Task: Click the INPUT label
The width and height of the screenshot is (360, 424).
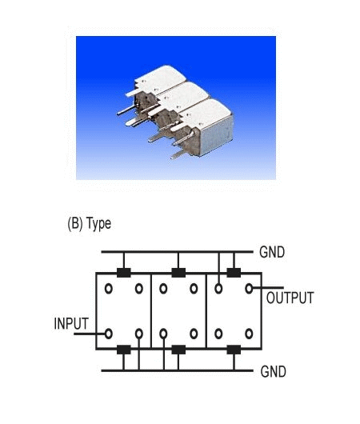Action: point(71,323)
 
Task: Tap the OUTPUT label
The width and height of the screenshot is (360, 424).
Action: point(290,298)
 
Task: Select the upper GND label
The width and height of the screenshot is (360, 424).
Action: point(272,252)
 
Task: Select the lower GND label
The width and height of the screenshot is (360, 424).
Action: point(273,371)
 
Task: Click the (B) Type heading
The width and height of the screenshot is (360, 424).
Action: point(90,224)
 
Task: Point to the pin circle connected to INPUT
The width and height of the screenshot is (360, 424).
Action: point(109,334)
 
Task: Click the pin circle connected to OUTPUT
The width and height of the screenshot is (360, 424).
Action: point(249,289)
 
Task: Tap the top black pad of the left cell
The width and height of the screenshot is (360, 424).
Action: point(124,273)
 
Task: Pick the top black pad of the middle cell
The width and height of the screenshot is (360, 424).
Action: point(178,273)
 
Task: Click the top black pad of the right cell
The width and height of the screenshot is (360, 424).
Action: point(234,273)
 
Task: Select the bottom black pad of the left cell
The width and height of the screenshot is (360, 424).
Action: point(124,350)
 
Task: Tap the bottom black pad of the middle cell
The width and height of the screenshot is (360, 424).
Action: point(178,350)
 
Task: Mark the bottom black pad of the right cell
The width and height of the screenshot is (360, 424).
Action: point(234,350)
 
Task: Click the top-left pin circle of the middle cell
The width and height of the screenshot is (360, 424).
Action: point(163,289)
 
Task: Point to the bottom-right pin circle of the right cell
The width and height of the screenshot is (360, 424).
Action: point(249,334)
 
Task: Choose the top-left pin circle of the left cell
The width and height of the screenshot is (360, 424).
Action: point(109,289)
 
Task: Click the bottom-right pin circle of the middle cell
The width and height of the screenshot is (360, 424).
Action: point(194,334)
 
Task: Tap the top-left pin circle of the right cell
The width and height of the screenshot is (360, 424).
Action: point(218,289)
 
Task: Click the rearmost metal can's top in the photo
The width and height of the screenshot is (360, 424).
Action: point(161,78)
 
